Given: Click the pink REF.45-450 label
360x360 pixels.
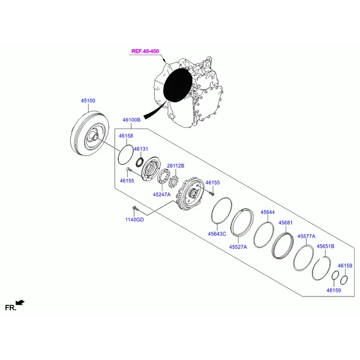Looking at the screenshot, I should point(146,52).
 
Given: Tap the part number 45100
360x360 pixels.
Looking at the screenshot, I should point(88,101).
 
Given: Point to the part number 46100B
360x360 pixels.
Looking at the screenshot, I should point(131,120).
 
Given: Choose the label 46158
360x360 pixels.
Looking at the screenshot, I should point(125,136).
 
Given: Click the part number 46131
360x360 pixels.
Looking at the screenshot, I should point(140,149).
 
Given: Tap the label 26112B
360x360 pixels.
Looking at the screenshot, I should point(175,165).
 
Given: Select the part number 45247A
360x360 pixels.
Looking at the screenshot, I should point(161,194).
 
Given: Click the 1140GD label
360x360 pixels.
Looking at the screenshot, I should point(134,220).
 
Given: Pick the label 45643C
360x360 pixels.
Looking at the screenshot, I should point(217,233).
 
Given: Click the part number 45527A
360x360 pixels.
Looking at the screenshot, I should point(238,247).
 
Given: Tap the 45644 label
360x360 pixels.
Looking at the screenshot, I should point(267,212).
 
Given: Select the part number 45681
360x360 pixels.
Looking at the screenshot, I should point(286,223).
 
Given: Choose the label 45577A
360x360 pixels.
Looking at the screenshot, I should point(306,236).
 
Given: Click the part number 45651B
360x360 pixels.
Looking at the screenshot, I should point(325,247).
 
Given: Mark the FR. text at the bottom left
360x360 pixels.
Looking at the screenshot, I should point(10,307).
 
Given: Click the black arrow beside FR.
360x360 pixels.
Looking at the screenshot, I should point(21,302).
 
